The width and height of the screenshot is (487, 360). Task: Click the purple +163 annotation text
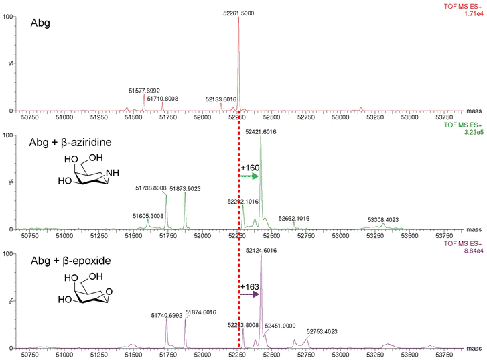[250, 286]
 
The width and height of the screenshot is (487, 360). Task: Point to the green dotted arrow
[249, 176]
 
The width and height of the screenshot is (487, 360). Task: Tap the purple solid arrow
[249, 294]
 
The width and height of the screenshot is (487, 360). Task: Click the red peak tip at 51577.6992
[144, 95]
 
